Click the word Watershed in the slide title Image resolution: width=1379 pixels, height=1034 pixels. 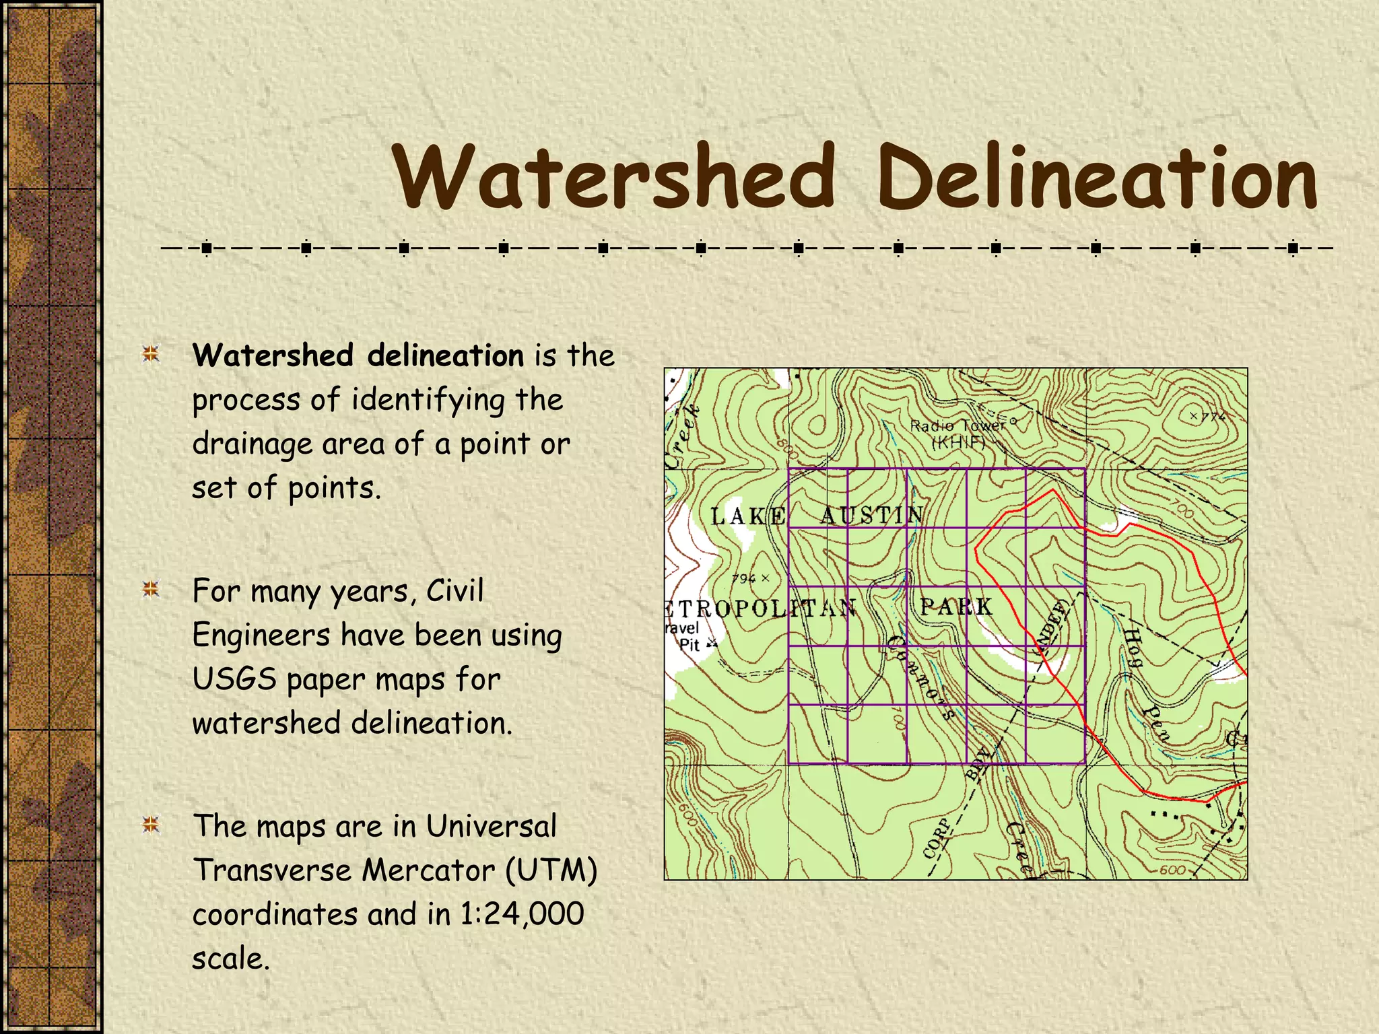[614, 176]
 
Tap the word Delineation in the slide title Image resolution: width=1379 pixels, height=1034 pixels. [1097, 176]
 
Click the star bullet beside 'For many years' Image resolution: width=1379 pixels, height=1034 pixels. [151, 590]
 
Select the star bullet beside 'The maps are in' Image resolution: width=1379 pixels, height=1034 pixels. [151, 825]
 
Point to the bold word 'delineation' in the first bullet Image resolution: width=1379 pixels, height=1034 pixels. [445, 355]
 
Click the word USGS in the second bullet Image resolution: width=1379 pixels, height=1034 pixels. [234, 679]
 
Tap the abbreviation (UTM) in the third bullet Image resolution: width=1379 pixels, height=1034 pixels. [551, 870]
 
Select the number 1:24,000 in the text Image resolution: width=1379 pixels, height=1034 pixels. [522, 914]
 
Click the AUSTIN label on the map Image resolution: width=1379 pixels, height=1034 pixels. [871, 516]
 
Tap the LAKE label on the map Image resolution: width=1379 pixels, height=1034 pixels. [747, 516]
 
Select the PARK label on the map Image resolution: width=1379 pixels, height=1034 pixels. [956, 607]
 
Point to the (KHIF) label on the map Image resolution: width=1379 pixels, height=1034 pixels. [958, 442]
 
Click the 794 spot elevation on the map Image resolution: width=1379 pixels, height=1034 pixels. [745, 578]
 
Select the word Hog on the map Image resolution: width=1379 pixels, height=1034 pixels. [1133, 646]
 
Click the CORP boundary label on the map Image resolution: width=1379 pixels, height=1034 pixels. [937, 839]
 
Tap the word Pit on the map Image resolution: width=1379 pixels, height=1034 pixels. [689, 645]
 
